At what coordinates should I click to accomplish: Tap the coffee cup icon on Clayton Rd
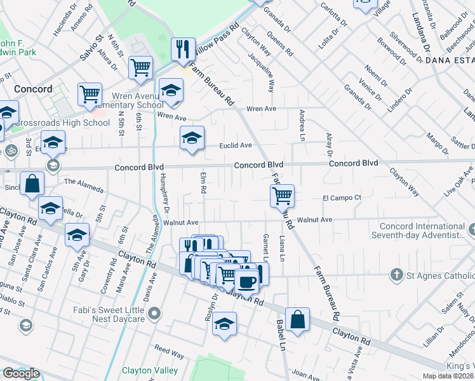click(x=247, y=280)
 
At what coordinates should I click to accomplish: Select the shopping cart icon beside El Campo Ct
click(x=282, y=196)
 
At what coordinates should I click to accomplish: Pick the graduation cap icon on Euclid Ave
click(x=192, y=138)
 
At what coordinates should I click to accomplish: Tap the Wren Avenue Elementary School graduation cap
click(x=171, y=90)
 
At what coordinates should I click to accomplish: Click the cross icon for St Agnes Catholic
click(x=396, y=275)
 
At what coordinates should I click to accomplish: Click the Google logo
click(x=21, y=373)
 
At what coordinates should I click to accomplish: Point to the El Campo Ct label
click(x=342, y=197)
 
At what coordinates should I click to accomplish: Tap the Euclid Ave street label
click(x=236, y=145)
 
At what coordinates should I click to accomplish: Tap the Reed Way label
click(x=169, y=351)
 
